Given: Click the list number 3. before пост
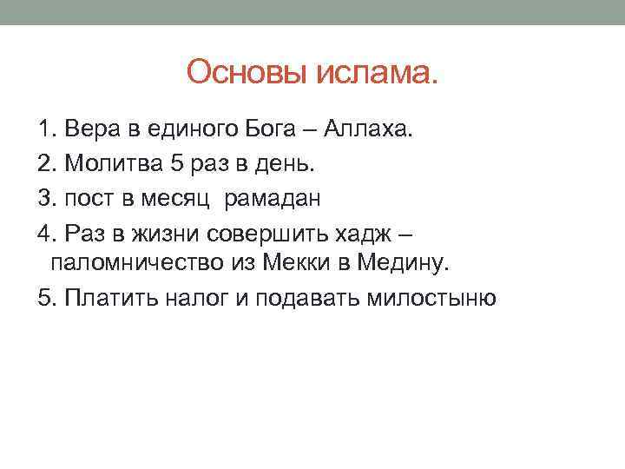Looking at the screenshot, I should pos(47,198).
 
